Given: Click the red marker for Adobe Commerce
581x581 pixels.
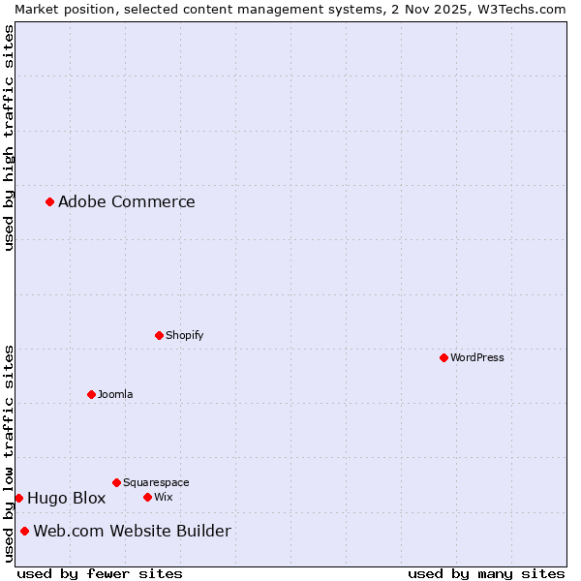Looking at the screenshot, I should point(49,201).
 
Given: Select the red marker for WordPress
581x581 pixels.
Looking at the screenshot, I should point(443,357).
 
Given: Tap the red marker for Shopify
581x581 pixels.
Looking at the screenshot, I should point(159,335).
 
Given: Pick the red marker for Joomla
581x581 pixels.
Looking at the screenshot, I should point(91,394).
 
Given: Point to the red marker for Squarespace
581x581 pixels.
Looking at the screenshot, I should point(116,482).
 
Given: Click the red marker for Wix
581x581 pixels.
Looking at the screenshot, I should point(147,497).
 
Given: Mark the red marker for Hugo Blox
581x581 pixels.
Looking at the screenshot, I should point(18,498).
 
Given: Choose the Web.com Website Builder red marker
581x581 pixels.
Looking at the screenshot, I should point(24,531).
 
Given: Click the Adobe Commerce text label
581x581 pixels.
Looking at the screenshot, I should point(126,201).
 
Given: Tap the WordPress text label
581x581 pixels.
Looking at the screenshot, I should point(476,357).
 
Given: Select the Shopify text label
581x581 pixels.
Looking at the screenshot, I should point(184,335).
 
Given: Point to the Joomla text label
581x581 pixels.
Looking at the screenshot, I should point(115,394).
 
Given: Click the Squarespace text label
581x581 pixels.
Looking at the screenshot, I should point(156,482).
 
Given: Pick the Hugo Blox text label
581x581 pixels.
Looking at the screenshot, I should point(66,498).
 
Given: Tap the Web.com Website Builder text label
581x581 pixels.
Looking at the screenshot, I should point(132,531).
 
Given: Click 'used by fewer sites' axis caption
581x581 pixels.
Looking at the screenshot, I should point(100,573).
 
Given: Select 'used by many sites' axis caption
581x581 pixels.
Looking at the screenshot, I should point(486,573).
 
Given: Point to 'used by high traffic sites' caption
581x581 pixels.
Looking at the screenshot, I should point(9,138).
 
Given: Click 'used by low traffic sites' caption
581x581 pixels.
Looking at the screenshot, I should point(9,452).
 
